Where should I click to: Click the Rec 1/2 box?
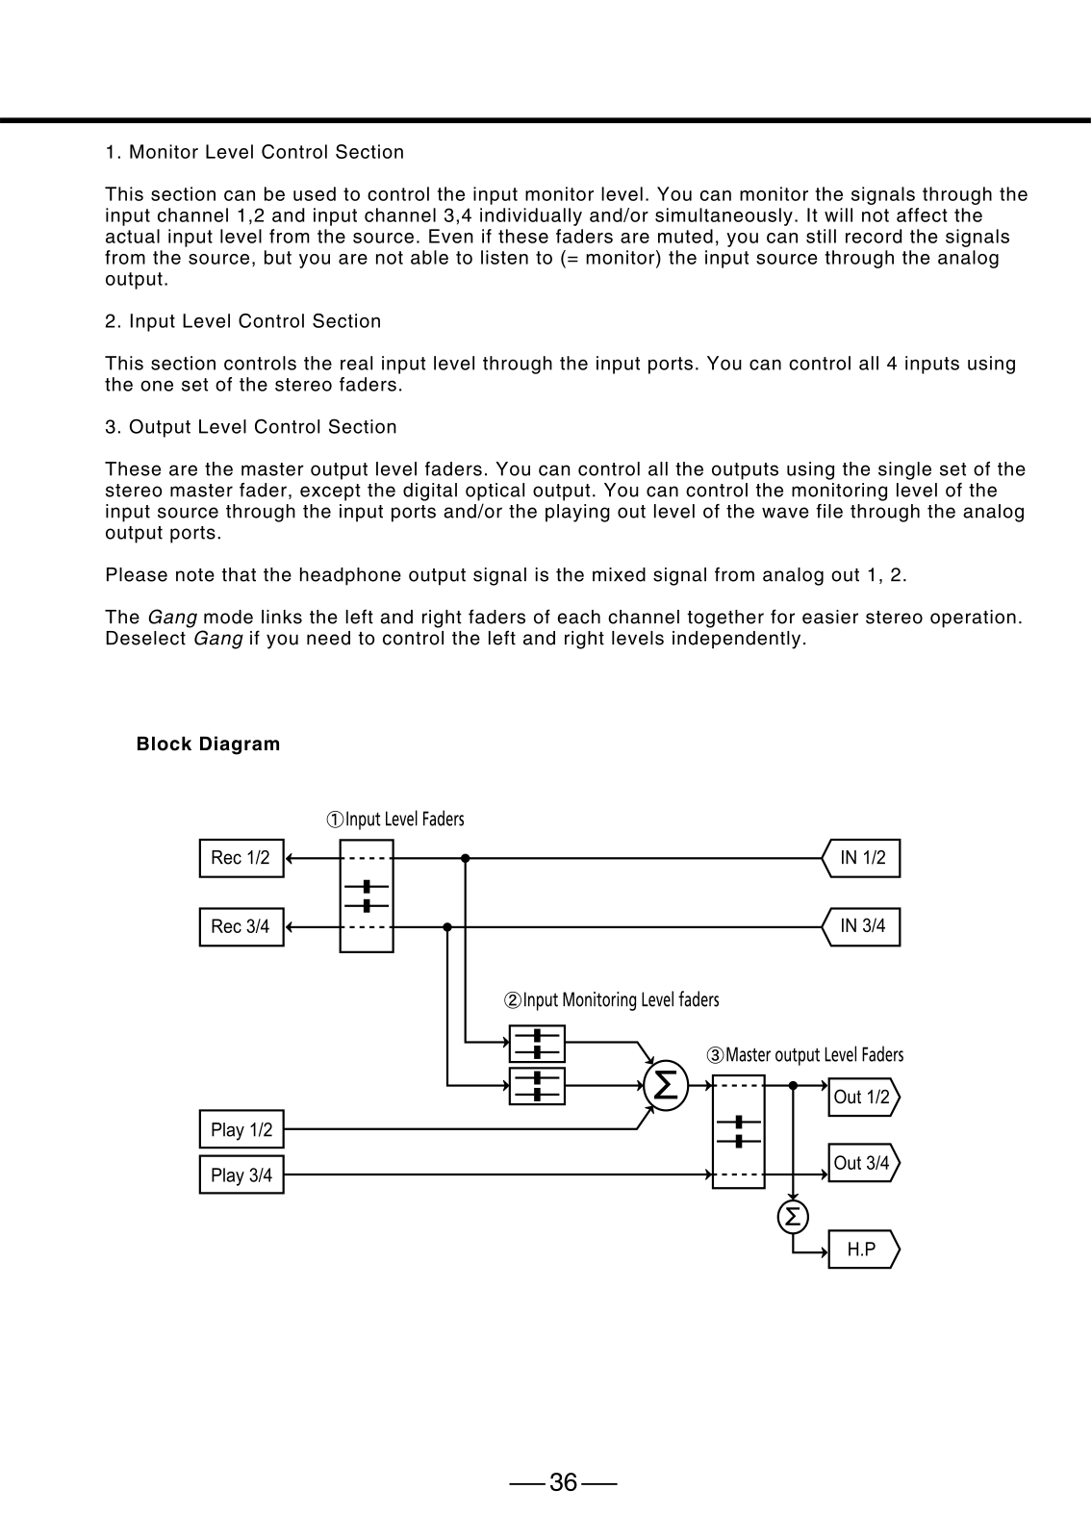click(241, 858)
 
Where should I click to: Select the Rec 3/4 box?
click(241, 926)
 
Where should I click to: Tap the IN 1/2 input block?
click(861, 858)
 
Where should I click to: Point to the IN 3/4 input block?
click(861, 926)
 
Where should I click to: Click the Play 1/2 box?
click(241, 1129)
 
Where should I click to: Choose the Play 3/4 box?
click(241, 1174)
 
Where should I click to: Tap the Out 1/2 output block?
click(864, 1097)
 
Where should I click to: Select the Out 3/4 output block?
click(864, 1163)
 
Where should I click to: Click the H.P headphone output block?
click(864, 1249)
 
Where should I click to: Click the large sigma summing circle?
click(666, 1086)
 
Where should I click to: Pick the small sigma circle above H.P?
click(793, 1217)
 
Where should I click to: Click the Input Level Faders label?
click(395, 819)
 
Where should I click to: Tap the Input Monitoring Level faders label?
click(612, 999)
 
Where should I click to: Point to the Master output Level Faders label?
click(805, 1054)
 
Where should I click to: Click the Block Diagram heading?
click(209, 744)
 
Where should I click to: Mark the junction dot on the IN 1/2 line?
click(466, 858)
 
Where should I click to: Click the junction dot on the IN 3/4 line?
click(447, 926)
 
